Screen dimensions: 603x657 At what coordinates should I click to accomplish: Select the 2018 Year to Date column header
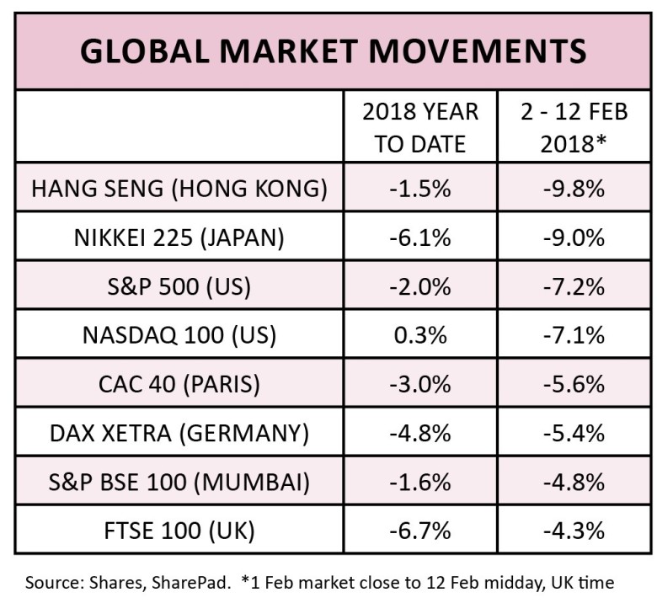(x=419, y=127)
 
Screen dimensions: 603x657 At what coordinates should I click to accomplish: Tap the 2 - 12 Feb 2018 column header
(x=573, y=127)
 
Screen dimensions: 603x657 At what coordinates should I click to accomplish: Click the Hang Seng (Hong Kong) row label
(x=179, y=189)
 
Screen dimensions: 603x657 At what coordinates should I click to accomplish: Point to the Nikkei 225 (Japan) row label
(x=179, y=237)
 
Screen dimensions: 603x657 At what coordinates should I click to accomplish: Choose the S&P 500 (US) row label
(x=179, y=286)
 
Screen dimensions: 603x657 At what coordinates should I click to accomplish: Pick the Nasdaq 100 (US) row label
(x=179, y=335)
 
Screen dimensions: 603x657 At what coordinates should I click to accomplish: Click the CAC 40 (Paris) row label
(x=179, y=384)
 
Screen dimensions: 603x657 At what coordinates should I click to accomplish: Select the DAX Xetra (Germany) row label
(x=179, y=433)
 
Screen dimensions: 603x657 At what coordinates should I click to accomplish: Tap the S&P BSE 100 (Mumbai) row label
(x=179, y=482)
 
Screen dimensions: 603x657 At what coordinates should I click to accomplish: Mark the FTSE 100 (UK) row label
(x=179, y=531)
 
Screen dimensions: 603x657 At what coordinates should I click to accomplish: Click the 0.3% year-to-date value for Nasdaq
(x=419, y=335)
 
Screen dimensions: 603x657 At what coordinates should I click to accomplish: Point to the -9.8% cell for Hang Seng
(x=573, y=189)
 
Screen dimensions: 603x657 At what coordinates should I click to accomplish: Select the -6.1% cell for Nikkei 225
(x=419, y=237)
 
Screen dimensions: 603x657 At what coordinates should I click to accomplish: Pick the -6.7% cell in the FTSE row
(x=419, y=531)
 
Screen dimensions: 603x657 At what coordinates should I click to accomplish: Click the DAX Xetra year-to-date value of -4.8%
(x=419, y=433)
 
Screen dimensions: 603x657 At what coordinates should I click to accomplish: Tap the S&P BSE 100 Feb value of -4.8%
(x=573, y=482)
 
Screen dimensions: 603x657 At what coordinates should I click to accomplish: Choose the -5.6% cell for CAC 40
(x=573, y=384)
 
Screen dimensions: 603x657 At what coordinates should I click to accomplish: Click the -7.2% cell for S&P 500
(x=573, y=286)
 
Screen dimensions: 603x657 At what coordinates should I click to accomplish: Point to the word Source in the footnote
(x=51, y=583)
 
